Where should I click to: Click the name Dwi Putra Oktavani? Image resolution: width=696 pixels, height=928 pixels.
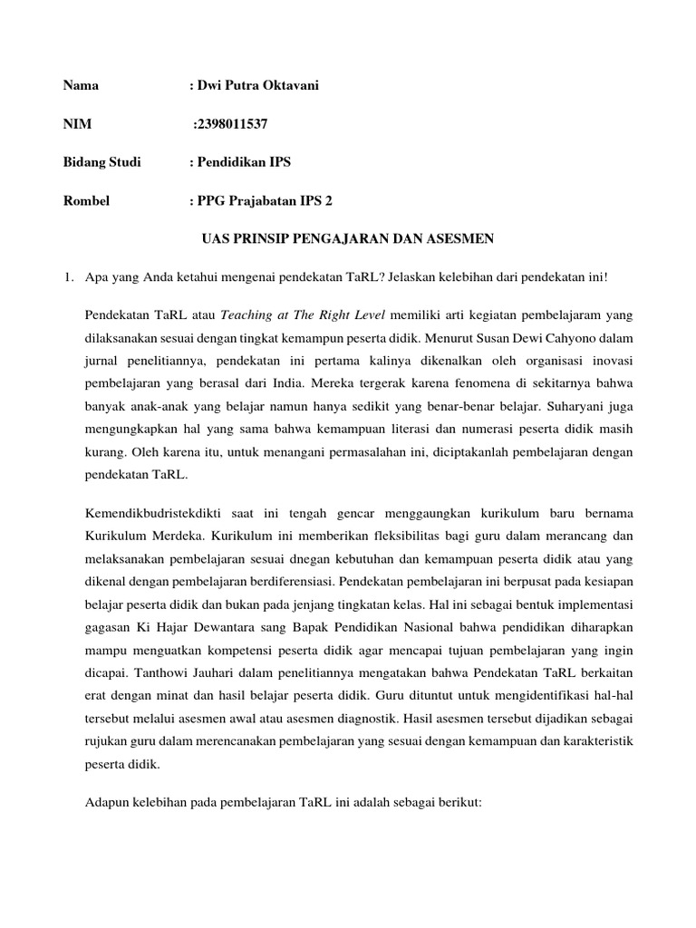coord(257,85)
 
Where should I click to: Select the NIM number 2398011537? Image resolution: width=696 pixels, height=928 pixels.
coord(233,124)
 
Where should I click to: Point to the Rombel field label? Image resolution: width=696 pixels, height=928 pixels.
coord(86,201)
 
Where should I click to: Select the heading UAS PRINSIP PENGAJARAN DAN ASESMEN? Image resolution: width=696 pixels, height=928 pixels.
coord(347,239)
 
